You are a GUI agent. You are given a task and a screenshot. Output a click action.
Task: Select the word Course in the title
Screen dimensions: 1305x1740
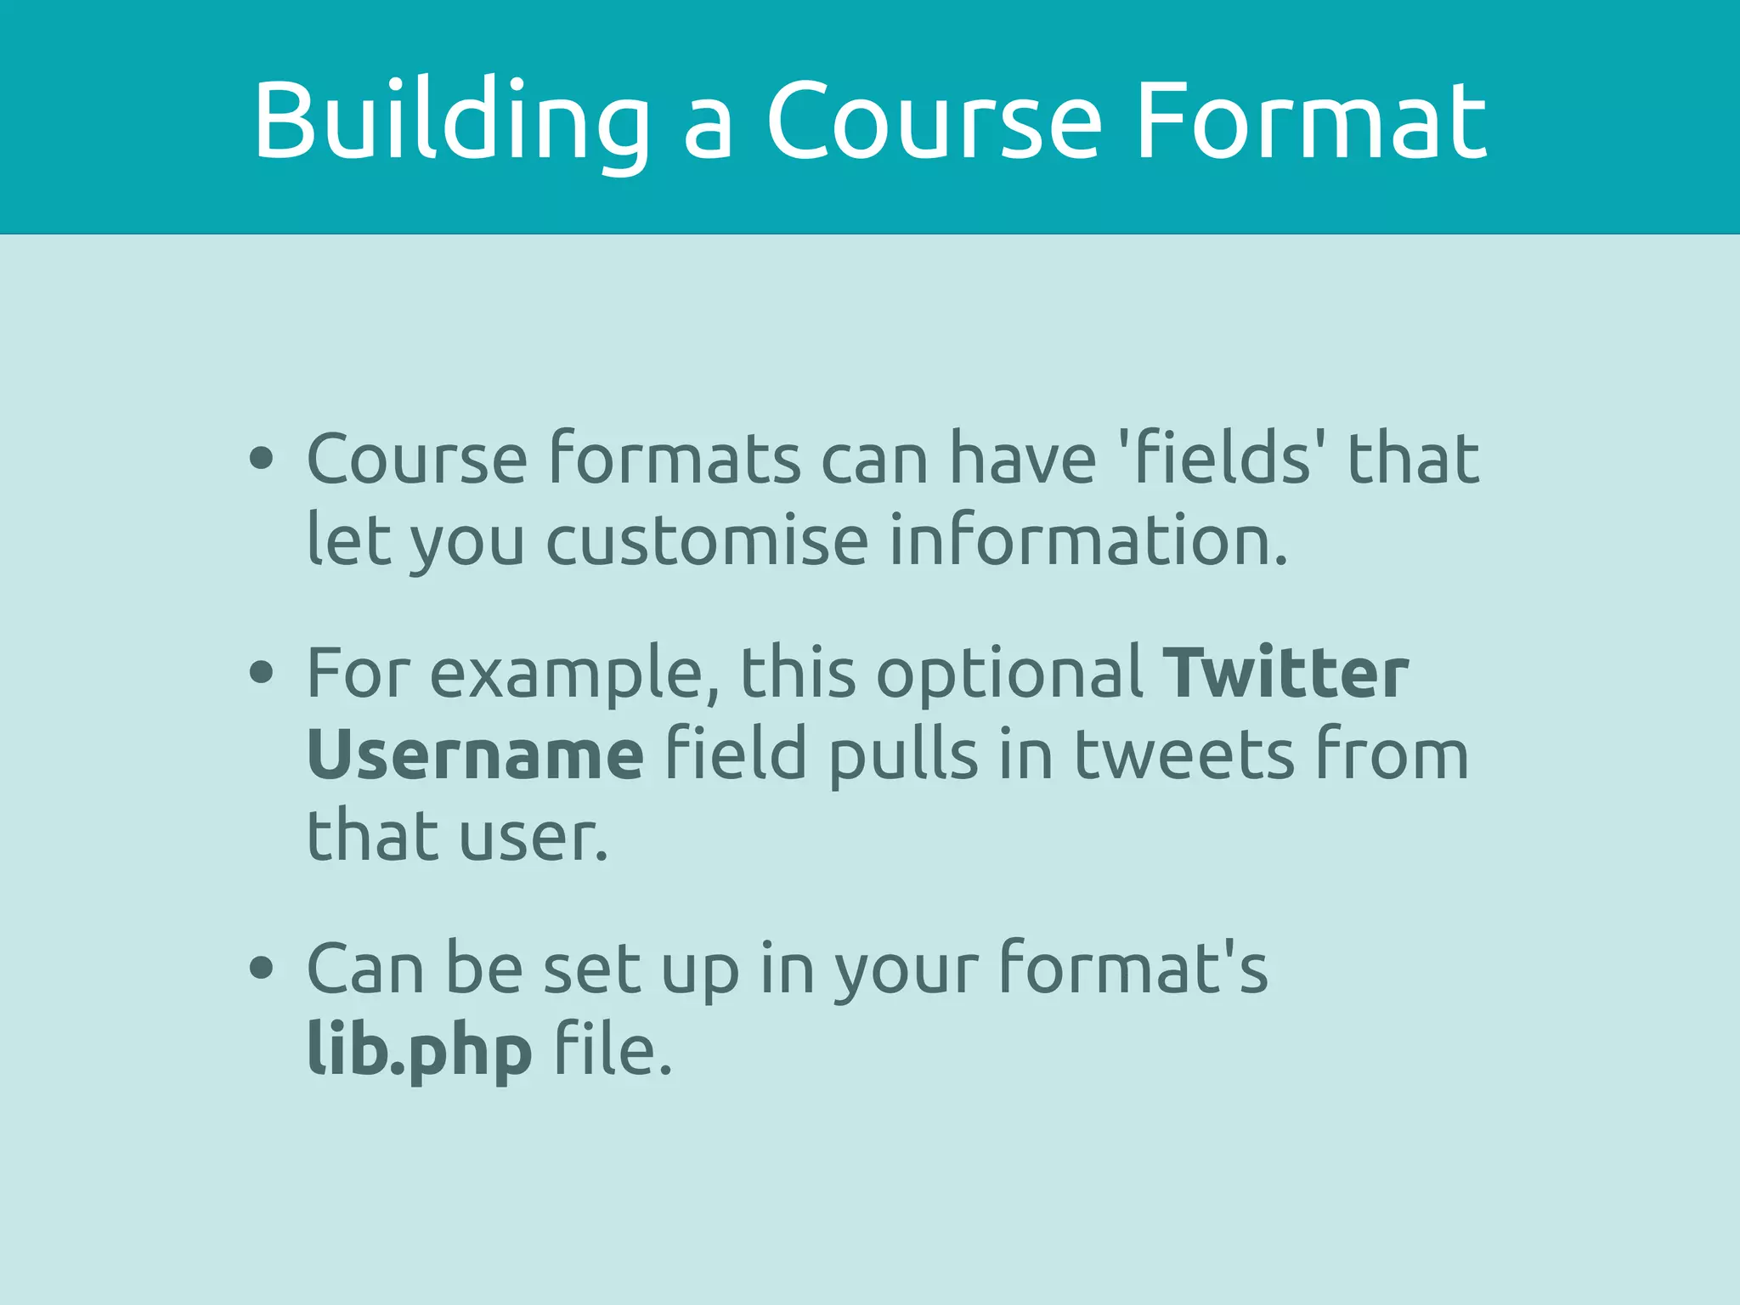click(x=935, y=121)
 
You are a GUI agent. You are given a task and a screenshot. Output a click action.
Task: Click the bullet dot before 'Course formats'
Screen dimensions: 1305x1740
click(x=262, y=459)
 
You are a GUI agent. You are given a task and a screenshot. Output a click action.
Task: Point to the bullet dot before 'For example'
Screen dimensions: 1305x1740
click(x=262, y=673)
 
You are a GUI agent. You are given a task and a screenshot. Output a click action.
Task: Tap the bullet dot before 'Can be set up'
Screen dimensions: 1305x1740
click(x=262, y=968)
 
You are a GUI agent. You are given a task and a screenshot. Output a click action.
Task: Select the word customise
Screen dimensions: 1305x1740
click(x=707, y=541)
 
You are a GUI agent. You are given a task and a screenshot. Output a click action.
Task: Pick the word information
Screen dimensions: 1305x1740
click(x=1087, y=541)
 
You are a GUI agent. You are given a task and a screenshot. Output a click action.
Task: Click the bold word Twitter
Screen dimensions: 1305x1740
click(x=1285, y=673)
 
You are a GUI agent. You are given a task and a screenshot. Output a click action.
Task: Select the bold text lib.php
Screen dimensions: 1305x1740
click(x=420, y=1050)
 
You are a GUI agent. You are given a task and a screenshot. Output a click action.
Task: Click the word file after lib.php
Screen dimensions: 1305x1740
click(x=612, y=1050)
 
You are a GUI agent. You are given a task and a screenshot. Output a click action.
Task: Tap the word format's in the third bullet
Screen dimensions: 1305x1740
click(x=1133, y=968)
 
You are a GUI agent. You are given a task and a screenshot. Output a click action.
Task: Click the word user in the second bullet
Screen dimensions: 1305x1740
click(x=533, y=837)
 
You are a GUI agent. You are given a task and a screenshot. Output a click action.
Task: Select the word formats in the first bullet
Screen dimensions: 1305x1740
click(x=675, y=459)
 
